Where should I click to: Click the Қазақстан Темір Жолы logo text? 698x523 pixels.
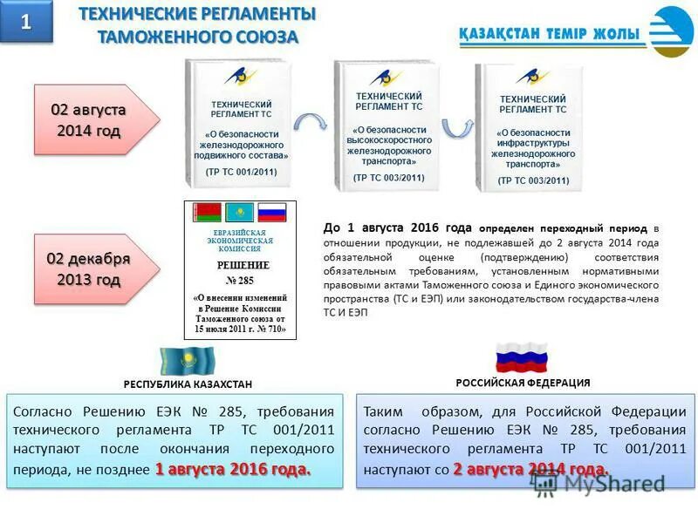click(x=548, y=35)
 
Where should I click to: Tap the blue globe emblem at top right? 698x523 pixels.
click(x=671, y=32)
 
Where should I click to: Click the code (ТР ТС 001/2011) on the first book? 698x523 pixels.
click(x=241, y=173)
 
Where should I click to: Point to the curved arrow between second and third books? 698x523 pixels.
click(x=456, y=128)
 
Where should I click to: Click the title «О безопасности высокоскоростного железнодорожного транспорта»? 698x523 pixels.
click(x=389, y=144)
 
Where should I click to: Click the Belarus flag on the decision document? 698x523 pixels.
click(x=206, y=213)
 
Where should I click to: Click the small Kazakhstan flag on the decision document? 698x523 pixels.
click(x=239, y=213)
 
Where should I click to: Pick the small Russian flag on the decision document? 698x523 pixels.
click(x=272, y=212)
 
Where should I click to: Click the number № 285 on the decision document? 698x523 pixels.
click(x=239, y=280)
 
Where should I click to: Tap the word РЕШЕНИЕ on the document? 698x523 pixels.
click(x=242, y=265)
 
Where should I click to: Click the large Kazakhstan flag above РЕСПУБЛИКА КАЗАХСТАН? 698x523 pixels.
click(x=187, y=360)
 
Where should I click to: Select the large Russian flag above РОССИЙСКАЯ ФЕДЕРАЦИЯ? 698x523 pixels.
click(x=521, y=357)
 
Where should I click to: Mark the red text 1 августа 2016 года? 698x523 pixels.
click(x=233, y=469)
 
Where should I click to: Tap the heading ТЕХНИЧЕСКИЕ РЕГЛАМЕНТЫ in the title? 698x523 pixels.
click(x=198, y=15)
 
